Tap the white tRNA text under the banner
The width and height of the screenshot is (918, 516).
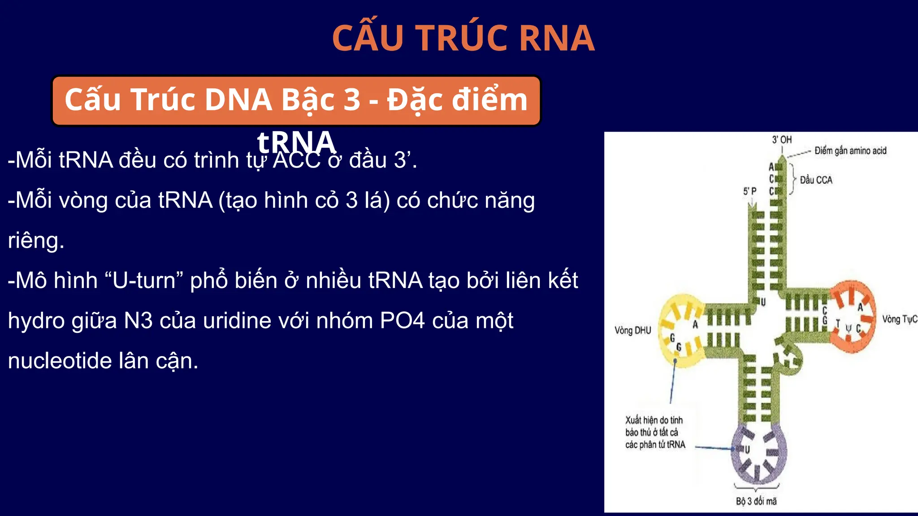tap(296, 142)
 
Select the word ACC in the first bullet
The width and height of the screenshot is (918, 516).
tap(297, 160)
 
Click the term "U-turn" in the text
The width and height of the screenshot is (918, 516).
tap(144, 281)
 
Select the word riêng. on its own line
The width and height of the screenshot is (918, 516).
tap(36, 241)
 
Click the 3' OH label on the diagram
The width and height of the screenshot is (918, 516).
tap(782, 140)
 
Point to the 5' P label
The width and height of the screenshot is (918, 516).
tap(749, 191)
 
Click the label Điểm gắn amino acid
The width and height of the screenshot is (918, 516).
tap(850, 151)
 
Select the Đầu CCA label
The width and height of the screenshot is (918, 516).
tap(816, 180)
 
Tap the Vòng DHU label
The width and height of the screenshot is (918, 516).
tap(632, 331)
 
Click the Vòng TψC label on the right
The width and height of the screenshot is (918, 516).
tap(899, 319)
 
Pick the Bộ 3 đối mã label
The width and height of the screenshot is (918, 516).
tap(756, 501)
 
